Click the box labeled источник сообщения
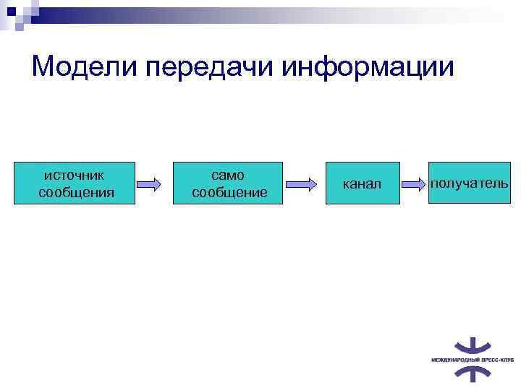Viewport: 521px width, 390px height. [75, 183]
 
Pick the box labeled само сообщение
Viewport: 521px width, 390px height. [229, 183]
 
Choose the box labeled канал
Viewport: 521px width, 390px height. [362, 183]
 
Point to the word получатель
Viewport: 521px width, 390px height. [469, 183]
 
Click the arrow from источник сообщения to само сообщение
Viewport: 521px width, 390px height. [148, 183]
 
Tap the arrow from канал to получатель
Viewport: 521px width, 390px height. [414, 183]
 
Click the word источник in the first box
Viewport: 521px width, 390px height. [75, 175]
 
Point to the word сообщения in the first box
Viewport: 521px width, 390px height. [76, 192]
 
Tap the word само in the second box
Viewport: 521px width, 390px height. [228, 175]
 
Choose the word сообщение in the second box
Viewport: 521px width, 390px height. [229, 192]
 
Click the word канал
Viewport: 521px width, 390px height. [362, 184]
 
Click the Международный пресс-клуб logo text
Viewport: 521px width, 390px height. [472, 358]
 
